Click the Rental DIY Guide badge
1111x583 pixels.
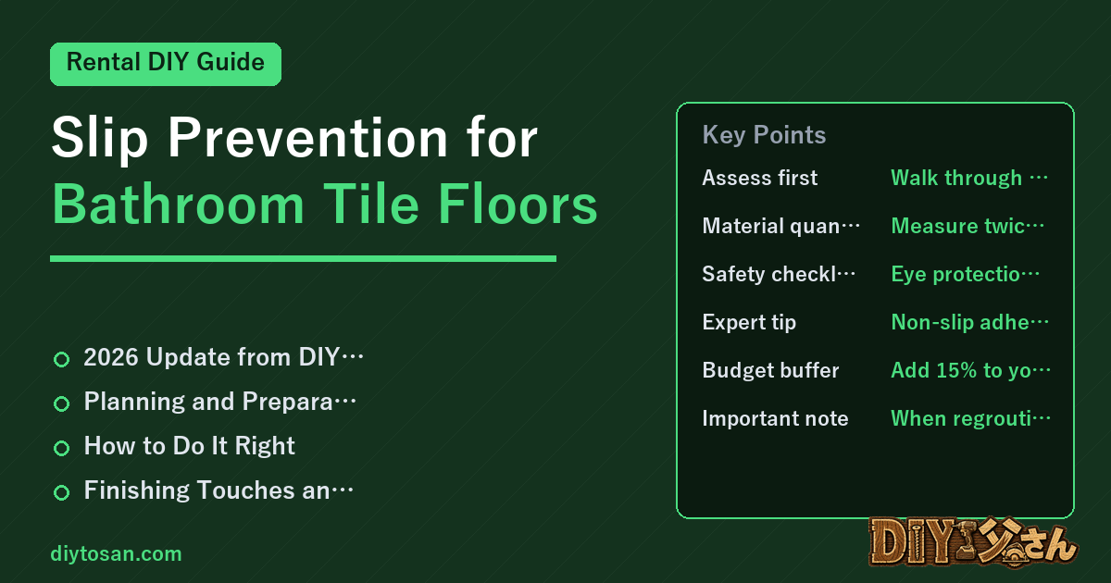point(166,64)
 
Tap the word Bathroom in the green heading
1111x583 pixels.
point(178,205)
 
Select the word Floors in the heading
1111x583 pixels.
point(518,205)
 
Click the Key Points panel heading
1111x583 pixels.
point(764,135)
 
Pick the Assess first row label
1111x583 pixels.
point(760,178)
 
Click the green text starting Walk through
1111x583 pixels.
point(969,178)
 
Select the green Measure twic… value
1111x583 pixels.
point(967,226)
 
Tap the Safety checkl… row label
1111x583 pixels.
point(779,274)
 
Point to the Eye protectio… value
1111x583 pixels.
point(965,274)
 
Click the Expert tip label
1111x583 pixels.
point(749,323)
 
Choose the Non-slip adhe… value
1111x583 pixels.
point(969,323)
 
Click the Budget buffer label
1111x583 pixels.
point(770,370)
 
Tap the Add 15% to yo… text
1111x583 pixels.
point(970,370)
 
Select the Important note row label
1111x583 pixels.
point(775,418)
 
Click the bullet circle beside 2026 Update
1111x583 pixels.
point(61,359)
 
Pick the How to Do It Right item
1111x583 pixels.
point(190,446)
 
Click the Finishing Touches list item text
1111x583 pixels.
point(218,490)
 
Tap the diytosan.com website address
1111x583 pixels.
point(116,553)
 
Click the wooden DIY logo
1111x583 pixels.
point(973,542)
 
